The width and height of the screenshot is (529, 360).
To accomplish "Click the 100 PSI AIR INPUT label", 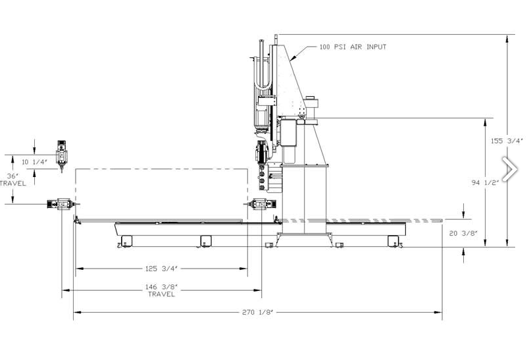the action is coord(353,47).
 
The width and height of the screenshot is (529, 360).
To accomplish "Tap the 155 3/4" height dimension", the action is coord(507,141).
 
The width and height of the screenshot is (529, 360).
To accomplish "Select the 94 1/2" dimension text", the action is coord(485,182).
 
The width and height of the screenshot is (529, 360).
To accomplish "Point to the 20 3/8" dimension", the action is coord(464,233).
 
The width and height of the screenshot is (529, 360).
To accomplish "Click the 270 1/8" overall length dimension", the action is coord(257,312).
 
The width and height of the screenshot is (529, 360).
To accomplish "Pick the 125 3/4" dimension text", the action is coord(161,269).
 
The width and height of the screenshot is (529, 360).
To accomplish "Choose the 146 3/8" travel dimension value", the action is coord(161,287).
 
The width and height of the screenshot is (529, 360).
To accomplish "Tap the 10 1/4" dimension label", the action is coord(34,162).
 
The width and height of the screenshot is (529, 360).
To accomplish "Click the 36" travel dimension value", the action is coord(13,176).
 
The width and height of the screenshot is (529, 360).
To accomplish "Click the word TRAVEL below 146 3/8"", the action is coord(162,294).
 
